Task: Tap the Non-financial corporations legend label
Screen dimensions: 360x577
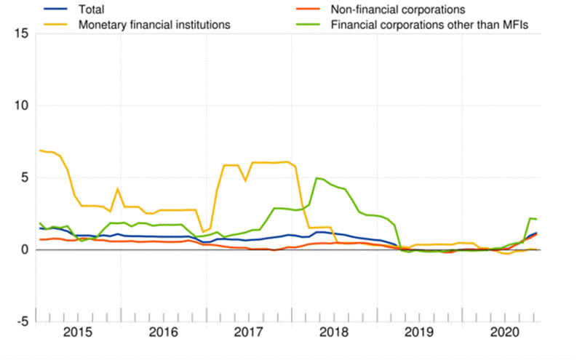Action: (398, 9)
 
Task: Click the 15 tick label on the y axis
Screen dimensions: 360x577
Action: (20, 34)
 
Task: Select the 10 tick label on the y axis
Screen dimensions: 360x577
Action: (20, 105)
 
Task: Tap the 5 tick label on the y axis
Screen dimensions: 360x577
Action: (24, 177)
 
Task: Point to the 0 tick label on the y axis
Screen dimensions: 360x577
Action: (24, 249)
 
